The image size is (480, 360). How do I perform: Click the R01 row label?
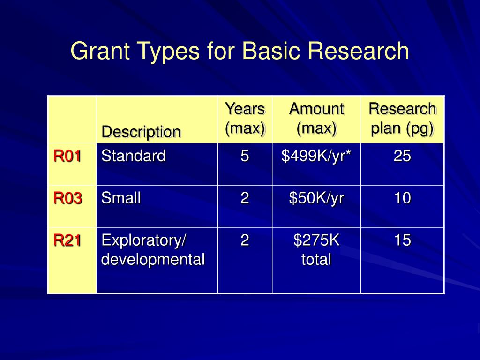[67, 156]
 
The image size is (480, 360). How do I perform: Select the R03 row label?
[67, 198]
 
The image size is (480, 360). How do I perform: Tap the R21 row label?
[67, 240]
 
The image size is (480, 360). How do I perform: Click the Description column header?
[141, 132]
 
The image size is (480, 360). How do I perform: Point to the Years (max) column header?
[245, 119]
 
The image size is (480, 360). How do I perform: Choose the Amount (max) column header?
[316, 119]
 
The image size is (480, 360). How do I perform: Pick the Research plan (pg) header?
[402, 119]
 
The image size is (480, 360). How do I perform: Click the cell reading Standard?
[134, 156]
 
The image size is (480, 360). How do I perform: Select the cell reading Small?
[121, 198]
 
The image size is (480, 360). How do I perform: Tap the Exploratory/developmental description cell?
[153, 249]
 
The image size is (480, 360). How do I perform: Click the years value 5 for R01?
[245, 156]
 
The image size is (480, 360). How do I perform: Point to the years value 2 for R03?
[245, 198]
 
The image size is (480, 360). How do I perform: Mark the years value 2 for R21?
[245, 240]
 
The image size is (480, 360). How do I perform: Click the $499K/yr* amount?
[316, 156]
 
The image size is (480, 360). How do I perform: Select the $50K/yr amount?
[316, 198]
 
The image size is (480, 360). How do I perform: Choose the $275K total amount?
[316, 249]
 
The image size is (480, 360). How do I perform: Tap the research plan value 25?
[402, 156]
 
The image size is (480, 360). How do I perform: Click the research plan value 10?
[402, 198]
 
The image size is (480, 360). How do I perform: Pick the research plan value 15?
[402, 240]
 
